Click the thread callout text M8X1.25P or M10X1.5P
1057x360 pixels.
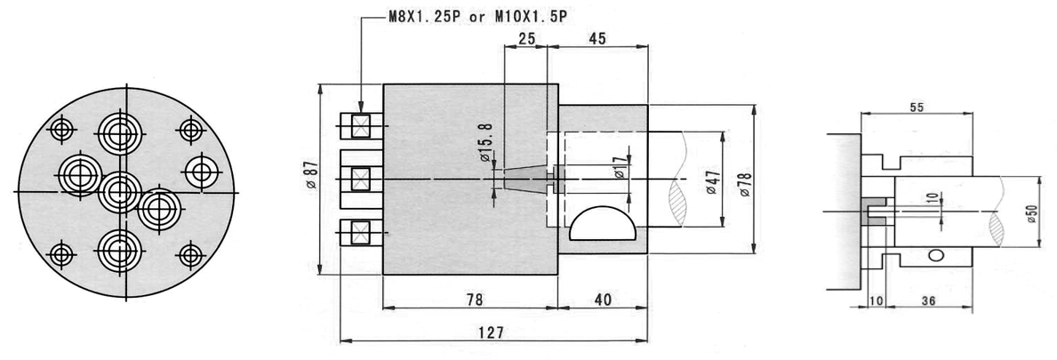point(477,17)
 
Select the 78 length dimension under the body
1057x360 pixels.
point(475,300)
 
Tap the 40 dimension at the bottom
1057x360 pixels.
point(604,300)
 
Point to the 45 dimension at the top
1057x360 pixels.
point(597,38)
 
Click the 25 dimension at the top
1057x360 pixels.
point(526,38)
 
